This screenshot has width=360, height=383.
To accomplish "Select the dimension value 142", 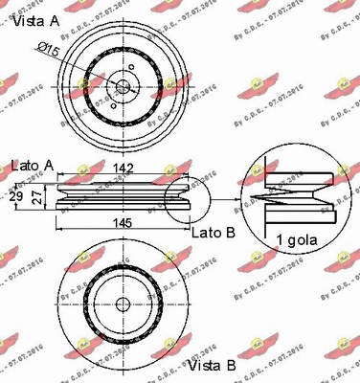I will click(x=124, y=169).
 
